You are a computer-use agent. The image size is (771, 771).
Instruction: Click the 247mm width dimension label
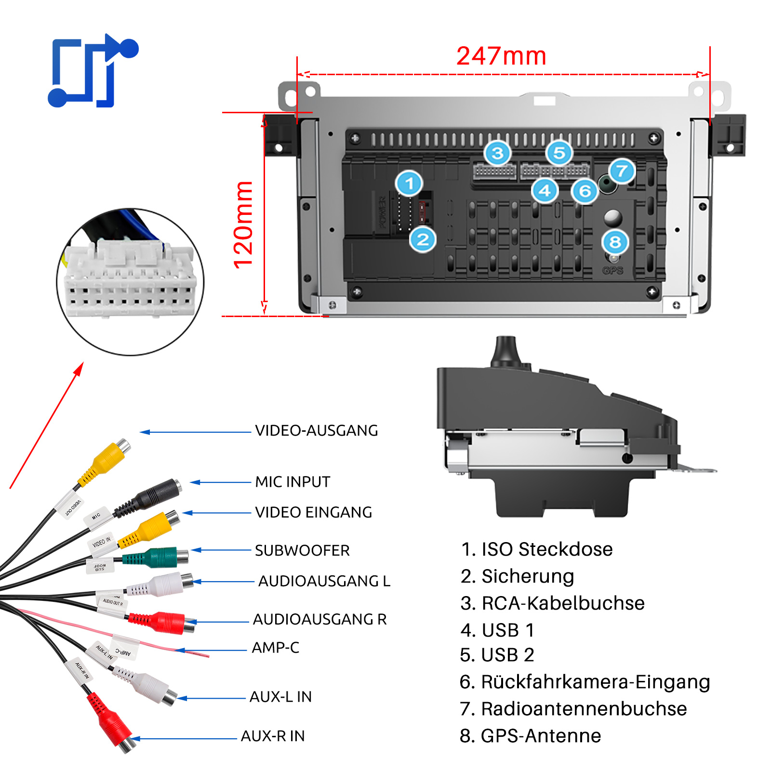coord(501,56)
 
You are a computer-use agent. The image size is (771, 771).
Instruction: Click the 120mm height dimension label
coord(243,225)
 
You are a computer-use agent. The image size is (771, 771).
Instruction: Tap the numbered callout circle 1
coord(409,183)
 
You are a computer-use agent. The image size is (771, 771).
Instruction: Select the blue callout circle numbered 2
coord(423,239)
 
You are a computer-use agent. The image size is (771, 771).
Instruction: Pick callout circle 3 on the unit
coord(497,153)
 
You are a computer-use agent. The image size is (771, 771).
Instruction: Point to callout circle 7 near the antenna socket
coord(622,171)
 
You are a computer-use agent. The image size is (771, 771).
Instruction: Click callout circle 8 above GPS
coord(615,242)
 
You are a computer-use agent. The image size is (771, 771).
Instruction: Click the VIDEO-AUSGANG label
coord(316,430)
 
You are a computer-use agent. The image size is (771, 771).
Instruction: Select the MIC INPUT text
coord(292,481)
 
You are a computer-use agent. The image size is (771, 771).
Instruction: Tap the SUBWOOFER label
coord(302,550)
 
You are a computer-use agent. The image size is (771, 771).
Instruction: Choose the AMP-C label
coord(275,648)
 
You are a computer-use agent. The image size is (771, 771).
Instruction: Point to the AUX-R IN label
coord(273,736)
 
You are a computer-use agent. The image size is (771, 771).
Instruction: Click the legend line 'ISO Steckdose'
coord(536,549)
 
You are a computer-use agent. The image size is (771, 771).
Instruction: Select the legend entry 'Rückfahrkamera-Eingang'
coord(585,682)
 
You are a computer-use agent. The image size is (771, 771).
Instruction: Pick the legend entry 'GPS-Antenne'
coord(530,736)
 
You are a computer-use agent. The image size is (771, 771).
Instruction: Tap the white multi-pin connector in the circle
coord(130,279)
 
